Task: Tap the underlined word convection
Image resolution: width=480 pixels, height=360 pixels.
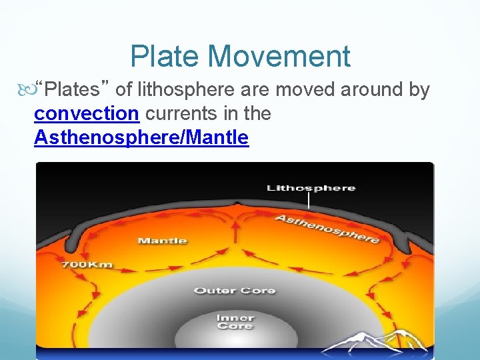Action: point(86,113)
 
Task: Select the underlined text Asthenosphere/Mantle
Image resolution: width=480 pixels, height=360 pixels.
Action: point(141,138)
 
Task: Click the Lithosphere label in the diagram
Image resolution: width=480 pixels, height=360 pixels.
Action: point(311,188)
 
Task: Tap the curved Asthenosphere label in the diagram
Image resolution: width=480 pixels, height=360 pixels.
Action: point(327,228)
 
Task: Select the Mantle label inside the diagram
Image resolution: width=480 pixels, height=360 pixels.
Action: point(162,240)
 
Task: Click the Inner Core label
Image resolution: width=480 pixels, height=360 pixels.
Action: point(234,321)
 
